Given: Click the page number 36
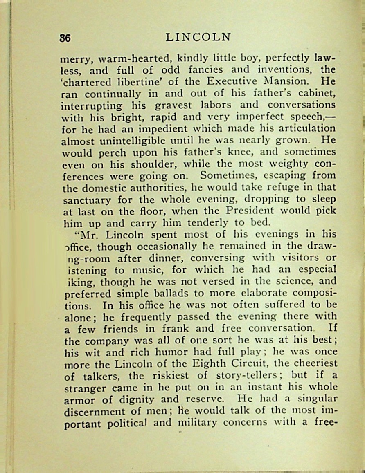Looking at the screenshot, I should pyautogui.click(x=65, y=38).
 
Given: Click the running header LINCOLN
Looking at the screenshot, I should pyautogui.click(x=199, y=37).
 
